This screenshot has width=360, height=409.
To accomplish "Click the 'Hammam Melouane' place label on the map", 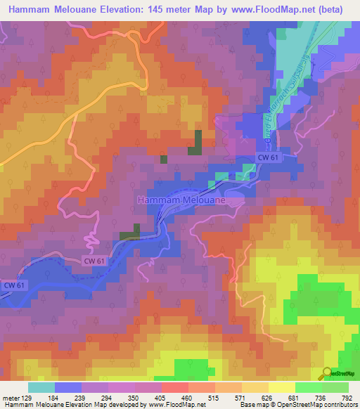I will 181,200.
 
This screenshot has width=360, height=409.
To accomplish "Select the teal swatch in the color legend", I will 41,387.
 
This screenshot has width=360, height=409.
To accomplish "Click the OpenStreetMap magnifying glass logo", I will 327,373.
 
